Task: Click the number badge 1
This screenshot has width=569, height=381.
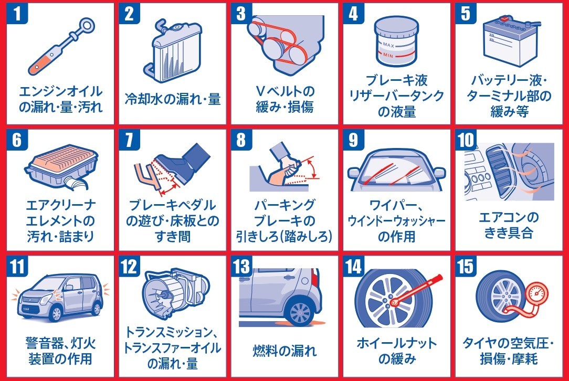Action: pos(17,14)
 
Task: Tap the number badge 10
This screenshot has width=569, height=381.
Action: pos(466,140)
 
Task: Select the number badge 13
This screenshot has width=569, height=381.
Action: pos(241,267)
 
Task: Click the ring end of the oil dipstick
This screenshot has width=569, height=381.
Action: pos(87,25)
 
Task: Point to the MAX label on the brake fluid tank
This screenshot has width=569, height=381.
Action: pos(388,45)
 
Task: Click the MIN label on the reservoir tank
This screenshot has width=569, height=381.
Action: pos(388,56)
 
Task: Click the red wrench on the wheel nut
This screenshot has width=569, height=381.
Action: pos(417,290)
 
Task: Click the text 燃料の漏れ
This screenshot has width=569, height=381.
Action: pos(284,351)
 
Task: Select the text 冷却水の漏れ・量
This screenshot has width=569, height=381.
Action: pos(172,99)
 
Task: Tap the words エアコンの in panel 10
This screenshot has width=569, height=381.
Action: pos(509,217)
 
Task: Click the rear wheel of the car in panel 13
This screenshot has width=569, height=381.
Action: pos(300,311)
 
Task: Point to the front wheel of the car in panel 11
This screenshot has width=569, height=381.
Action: pos(55,313)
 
